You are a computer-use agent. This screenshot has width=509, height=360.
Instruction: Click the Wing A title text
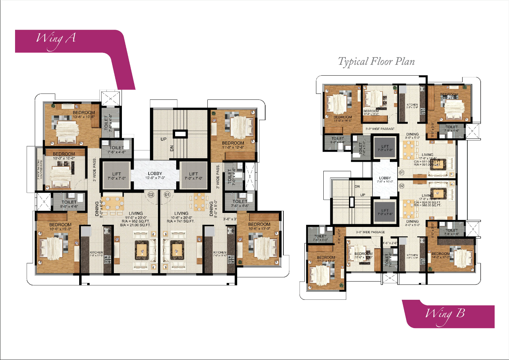click(x=56, y=39)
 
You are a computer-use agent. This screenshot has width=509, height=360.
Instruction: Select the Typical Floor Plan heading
click(x=376, y=62)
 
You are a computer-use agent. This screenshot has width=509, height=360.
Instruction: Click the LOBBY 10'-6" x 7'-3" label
click(x=155, y=175)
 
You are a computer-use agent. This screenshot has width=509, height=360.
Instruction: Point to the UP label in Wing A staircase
click(x=164, y=139)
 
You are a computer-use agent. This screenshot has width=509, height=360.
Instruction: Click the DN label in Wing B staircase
click(x=357, y=187)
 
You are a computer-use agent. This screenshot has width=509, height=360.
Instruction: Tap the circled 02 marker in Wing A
click(x=151, y=194)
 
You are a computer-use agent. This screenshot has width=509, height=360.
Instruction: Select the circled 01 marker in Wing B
click(x=401, y=172)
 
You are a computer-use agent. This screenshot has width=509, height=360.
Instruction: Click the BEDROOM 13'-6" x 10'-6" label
click(x=84, y=115)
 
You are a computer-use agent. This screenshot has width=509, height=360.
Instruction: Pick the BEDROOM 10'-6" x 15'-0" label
click(x=60, y=227)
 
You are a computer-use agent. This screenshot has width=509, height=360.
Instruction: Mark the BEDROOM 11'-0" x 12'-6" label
click(x=233, y=145)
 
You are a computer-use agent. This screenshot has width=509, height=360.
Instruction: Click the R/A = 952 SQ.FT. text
click(x=136, y=221)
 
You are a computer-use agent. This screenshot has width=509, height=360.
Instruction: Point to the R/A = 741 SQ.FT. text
click(x=181, y=221)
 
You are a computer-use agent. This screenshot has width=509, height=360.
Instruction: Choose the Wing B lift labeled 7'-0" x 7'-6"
click(x=385, y=212)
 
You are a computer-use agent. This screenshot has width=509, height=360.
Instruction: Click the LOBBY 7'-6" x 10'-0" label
click(x=385, y=180)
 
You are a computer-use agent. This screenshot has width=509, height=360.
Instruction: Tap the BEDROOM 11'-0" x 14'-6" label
click(x=343, y=119)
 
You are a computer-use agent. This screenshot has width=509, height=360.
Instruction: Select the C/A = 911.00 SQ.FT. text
click(x=427, y=161)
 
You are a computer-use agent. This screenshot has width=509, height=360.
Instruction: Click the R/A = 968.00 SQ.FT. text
click(x=427, y=205)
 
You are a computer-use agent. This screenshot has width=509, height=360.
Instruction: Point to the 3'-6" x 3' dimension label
click(x=230, y=219)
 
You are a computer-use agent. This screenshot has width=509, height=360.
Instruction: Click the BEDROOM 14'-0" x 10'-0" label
click(x=441, y=255)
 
